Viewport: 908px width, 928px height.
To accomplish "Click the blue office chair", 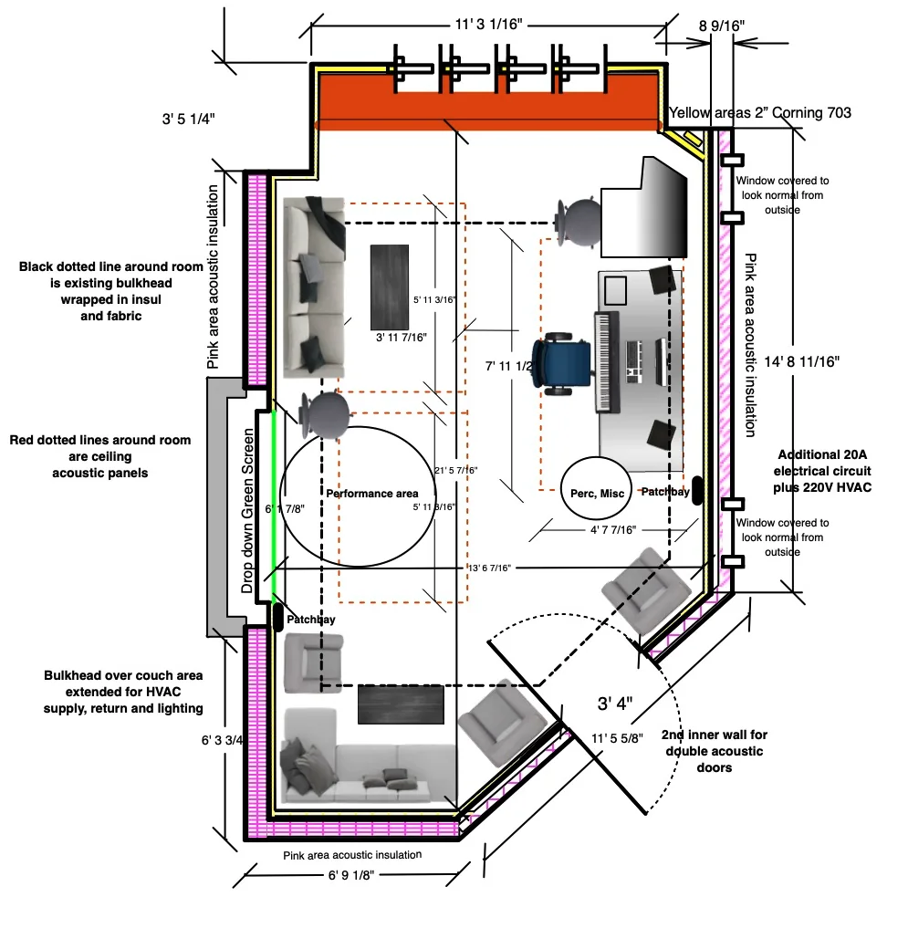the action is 562,364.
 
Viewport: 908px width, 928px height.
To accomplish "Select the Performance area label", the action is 371,494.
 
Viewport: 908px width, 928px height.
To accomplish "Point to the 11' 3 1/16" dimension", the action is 489,25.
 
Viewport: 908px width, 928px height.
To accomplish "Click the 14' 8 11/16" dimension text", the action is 801,361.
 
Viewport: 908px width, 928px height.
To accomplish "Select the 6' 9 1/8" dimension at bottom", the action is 351,875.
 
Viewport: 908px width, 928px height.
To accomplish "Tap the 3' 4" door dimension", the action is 615,704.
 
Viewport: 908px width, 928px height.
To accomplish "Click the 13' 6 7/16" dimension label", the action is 489,568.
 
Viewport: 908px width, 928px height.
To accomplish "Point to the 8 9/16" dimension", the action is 722,26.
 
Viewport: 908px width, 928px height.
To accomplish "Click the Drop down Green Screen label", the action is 247,510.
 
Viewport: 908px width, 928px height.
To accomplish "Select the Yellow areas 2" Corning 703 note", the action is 760,112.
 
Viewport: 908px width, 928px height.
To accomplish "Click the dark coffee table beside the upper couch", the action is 390,287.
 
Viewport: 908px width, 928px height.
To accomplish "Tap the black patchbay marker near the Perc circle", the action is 697,490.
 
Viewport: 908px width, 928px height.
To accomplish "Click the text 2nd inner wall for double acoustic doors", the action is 714,751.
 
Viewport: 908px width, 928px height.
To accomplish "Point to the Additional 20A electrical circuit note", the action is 822,471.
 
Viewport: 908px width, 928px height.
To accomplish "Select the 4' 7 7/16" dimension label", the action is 612,529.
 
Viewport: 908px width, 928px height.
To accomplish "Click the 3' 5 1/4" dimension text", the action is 188,119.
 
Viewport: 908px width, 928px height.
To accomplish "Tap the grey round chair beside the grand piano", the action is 577,222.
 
